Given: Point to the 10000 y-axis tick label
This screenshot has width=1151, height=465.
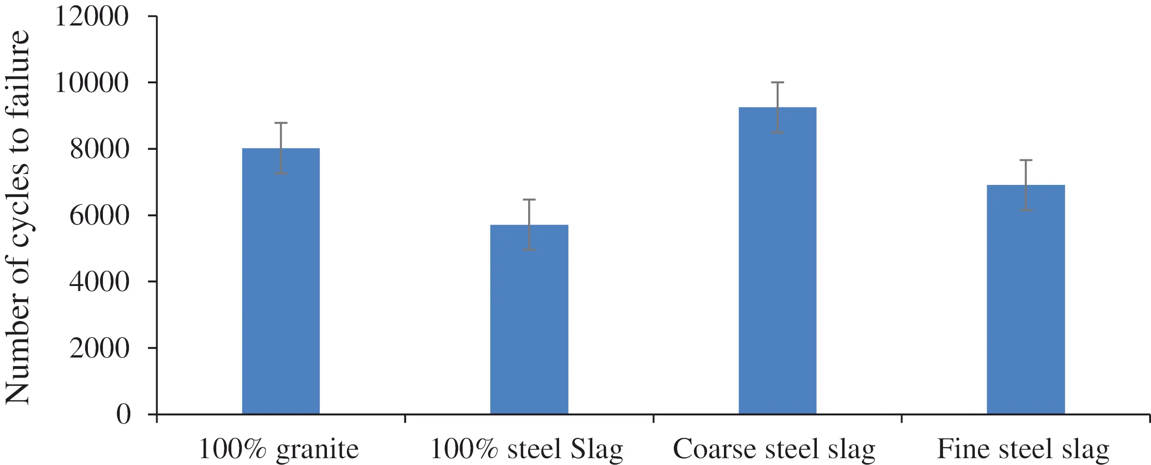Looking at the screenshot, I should point(92,83).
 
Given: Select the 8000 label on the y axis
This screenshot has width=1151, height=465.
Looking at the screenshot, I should point(99,149).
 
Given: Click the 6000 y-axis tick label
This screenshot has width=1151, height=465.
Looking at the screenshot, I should point(99,215).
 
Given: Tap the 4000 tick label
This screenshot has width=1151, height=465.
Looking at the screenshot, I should point(99,282).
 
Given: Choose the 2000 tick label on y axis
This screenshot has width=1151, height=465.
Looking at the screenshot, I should point(99,348).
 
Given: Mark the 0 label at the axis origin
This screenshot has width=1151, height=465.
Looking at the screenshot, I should point(123,414).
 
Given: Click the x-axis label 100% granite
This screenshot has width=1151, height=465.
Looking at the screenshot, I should point(279,449).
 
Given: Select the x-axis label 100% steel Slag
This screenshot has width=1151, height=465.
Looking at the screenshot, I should point(526,449).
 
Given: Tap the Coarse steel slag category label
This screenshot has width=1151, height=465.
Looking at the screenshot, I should point(774,449).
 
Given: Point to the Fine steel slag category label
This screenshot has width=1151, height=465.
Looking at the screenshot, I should point(1023,449).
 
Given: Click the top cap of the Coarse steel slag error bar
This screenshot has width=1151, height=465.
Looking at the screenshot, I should point(777,82).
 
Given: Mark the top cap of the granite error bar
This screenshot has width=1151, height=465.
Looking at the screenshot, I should point(280,123).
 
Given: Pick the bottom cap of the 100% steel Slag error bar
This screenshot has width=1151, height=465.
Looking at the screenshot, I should point(529,250).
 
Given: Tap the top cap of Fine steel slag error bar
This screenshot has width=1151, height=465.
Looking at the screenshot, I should point(1026,160).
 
